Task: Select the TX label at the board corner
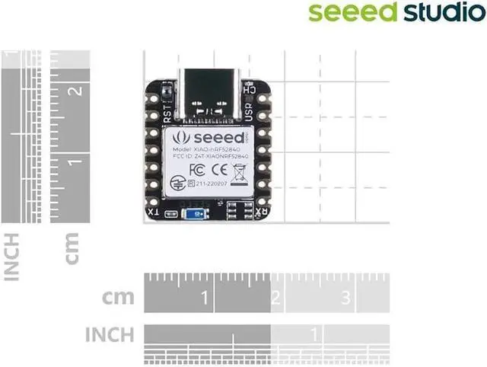(154, 212)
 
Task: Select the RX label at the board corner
(261, 212)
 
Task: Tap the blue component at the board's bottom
(199, 215)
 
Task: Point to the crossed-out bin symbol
(238, 169)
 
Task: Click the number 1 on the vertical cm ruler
(75, 161)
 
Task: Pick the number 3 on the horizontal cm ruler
(345, 296)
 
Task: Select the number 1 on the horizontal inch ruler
(315, 333)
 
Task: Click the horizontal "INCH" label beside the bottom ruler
(110, 333)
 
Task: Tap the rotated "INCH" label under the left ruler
(11, 257)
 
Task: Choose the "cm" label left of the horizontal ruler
(120, 296)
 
